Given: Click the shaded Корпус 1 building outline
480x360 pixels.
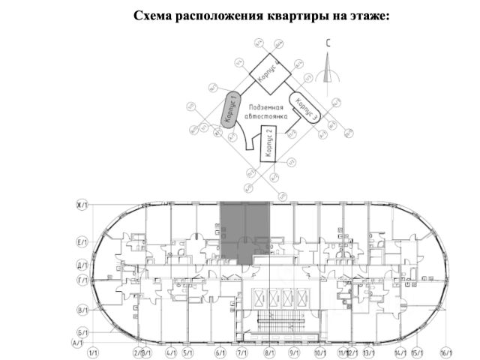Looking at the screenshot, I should click(229, 111).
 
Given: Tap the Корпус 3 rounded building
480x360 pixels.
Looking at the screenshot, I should click(304, 109).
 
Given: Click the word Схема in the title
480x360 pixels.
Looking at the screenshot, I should click(154, 16).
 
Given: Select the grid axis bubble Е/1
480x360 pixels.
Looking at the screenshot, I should click(83, 242).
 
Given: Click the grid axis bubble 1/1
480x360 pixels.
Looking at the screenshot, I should click(94, 352).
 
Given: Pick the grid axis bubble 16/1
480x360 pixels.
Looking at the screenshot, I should click(448, 352).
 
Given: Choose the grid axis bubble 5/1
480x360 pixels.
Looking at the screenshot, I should click(187, 352).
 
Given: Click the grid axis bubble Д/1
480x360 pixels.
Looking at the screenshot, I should click(83, 265).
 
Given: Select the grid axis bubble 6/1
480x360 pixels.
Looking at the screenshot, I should click(220, 352).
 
